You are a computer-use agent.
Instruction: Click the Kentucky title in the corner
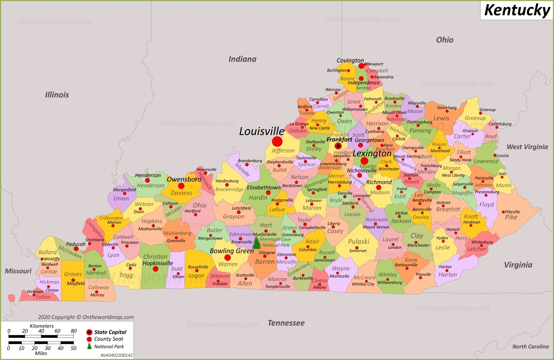(x=517, y=10)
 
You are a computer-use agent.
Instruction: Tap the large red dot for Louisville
(x=277, y=142)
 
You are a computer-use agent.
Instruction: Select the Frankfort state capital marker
(x=338, y=146)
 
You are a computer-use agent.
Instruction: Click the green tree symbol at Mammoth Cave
(x=256, y=243)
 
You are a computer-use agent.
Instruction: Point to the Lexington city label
(x=372, y=154)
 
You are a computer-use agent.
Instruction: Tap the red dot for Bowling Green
(x=228, y=258)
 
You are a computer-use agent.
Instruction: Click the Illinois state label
(x=57, y=95)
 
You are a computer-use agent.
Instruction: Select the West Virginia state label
(x=527, y=147)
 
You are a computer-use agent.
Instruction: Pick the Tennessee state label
(x=286, y=323)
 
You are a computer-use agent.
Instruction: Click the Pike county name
(x=511, y=217)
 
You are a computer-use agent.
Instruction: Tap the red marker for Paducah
(x=76, y=249)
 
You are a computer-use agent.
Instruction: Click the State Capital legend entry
(x=110, y=332)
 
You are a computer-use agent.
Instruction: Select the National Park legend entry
(x=109, y=346)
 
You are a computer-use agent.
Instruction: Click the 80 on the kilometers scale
(x=73, y=331)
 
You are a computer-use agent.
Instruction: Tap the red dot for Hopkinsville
(x=156, y=269)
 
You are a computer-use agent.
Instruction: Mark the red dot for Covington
(x=361, y=66)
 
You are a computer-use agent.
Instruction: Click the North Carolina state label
(x=530, y=346)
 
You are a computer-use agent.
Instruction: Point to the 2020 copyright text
(x=86, y=317)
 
